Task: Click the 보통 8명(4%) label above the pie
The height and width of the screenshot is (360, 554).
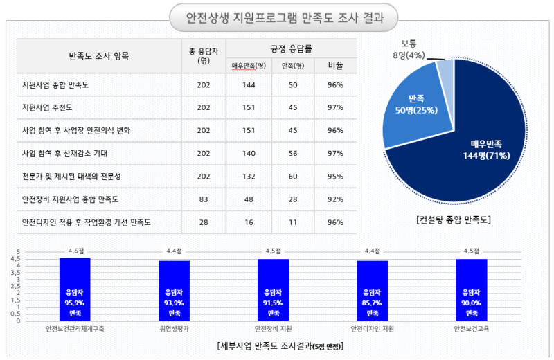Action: [x=408, y=51]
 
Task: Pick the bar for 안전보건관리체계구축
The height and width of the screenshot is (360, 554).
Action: [x=75, y=289]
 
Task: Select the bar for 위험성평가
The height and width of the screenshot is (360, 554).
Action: [x=174, y=291]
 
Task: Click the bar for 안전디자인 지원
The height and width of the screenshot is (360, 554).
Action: [x=373, y=291]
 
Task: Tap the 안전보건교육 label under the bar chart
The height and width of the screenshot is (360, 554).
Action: [x=472, y=329]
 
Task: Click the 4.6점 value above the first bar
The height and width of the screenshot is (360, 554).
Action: [x=75, y=251]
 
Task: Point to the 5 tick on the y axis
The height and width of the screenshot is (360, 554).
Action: [x=19, y=252]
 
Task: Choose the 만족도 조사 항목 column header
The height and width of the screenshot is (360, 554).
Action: [x=99, y=55]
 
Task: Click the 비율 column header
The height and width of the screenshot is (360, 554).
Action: [x=336, y=66]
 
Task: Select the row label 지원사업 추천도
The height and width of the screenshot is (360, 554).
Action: [x=48, y=108]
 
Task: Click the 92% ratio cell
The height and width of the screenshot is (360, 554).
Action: [x=336, y=199]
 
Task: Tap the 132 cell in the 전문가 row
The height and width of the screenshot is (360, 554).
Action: [x=249, y=177]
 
